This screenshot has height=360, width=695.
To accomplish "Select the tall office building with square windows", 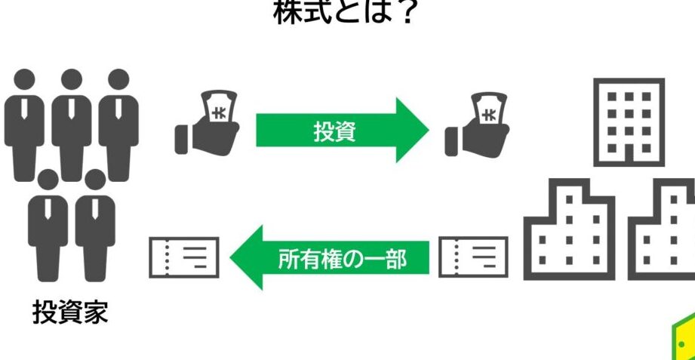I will pyautogui.click(x=629, y=121).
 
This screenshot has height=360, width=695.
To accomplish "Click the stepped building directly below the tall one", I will pyautogui.click(x=570, y=229).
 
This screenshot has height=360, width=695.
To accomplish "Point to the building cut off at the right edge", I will pyautogui.click(x=664, y=229).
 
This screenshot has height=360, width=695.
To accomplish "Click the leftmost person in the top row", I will pyautogui.click(x=24, y=125).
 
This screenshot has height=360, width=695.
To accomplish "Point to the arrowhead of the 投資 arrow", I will pyautogui.click(x=413, y=130).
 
